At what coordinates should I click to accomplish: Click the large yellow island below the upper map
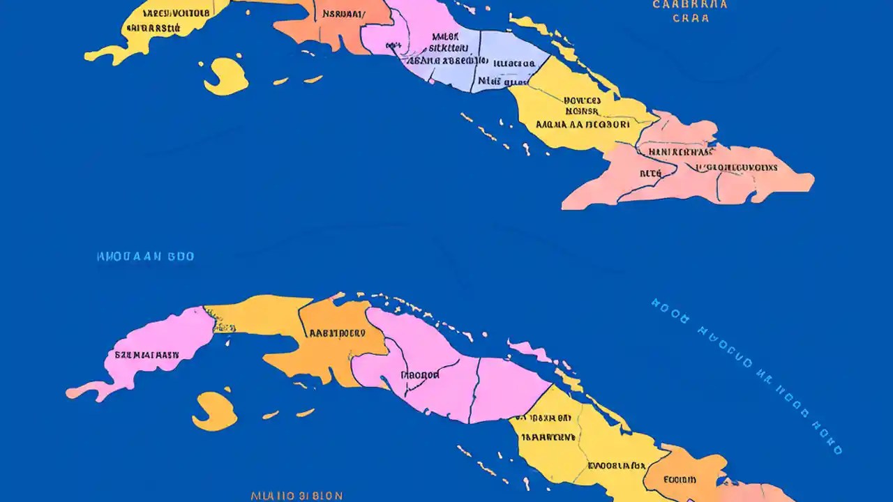(225, 75)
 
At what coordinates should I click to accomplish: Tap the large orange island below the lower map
(213, 411)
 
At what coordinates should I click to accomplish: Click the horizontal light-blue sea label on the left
(145, 257)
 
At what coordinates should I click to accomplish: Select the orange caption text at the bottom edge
(297, 496)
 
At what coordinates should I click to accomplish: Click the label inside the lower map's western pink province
(147, 354)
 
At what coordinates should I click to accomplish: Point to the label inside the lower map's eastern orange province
(679, 480)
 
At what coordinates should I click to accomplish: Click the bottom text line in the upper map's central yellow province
(583, 125)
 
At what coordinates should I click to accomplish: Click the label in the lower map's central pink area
(420, 374)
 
